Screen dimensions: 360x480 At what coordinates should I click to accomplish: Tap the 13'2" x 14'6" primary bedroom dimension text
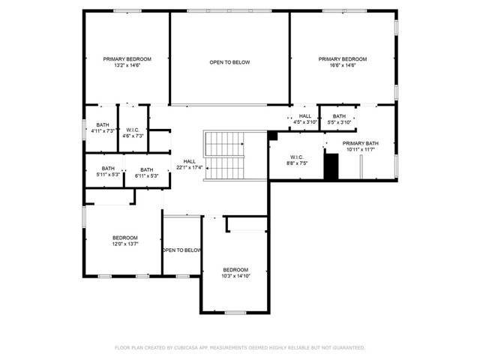tap(127, 66)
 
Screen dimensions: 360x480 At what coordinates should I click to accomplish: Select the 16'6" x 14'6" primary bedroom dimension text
tap(342, 66)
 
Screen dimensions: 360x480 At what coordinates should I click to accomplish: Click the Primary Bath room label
tap(361, 143)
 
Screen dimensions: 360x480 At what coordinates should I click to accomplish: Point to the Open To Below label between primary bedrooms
tap(229, 62)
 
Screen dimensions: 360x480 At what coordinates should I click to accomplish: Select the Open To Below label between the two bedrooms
tap(181, 250)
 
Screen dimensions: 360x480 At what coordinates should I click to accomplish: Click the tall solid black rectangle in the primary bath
tap(331, 166)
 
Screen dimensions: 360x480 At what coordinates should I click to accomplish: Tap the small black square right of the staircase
tap(272, 136)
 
